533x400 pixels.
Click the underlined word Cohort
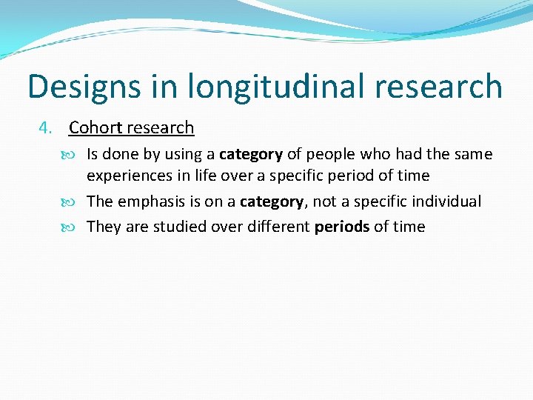click(x=95, y=128)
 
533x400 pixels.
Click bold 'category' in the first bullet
click(x=251, y=155)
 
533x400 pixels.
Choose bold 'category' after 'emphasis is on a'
click(x=272, y=202)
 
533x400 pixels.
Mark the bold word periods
click(x=342, y=227)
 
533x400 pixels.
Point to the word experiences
click(x=125, y=176)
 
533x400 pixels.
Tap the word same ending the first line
click(x=474, y=155)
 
